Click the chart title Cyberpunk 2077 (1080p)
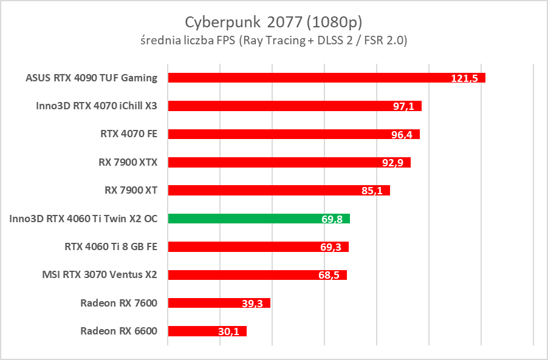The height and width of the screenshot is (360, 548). coord(273,22)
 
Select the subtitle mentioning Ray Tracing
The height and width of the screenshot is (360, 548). coord(273,41)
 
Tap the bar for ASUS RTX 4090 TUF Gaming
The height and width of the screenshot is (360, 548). coord(304,78)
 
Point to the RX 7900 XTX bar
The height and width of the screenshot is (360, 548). coord(273,162)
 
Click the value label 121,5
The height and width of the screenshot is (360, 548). coord(467,78)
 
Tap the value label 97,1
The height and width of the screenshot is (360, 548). coord(403,106)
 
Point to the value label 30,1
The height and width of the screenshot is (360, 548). coord(228,331)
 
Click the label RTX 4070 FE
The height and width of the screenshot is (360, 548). coord(128,134)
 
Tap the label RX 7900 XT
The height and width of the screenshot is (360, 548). coord(131,190)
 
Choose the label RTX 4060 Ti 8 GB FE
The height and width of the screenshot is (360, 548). coord(111,246)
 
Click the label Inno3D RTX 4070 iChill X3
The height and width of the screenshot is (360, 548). coord(97,106)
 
